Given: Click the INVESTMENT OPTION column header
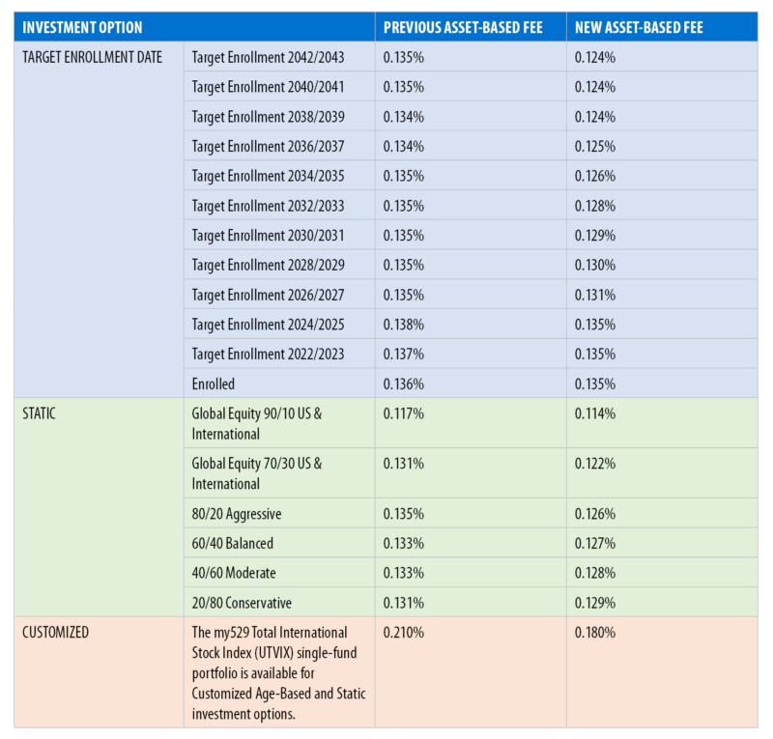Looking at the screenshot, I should click(82, 27).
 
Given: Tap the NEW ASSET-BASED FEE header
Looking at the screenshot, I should click(639, 27).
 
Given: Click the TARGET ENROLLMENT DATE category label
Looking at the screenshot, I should click(92, 57).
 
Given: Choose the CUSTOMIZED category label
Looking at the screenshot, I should click(56, 633).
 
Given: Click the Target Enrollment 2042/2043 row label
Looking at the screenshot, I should click(268, 57).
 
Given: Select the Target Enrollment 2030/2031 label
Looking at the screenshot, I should click(268, 236).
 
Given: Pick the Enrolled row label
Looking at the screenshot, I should click(214, 384).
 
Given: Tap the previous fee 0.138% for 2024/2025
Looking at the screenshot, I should click(403, 325).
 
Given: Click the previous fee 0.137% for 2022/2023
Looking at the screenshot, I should click(403, 355).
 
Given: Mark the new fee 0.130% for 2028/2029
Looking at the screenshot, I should click(594, 266).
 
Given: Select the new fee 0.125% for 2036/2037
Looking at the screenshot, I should click(594, 147).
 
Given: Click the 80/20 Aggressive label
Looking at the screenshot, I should click(237, 514).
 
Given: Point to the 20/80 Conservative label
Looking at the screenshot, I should click(242, 603).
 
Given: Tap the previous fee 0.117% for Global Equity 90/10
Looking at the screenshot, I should click(403, 413).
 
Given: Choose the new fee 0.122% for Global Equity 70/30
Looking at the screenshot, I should click(594, 464).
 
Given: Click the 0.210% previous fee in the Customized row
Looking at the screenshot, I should click(403, 633).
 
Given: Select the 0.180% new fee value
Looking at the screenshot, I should click(594, 633).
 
